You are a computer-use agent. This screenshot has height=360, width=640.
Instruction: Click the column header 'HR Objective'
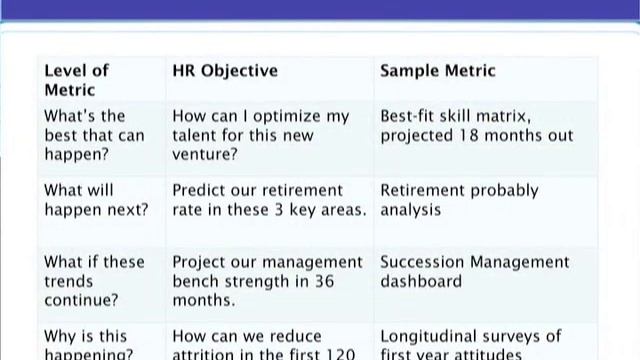pos(225,71)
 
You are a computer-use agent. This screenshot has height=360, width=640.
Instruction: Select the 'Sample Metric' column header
pos(437,71)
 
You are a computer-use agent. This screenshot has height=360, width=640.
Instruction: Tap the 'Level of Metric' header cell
pos(76,80)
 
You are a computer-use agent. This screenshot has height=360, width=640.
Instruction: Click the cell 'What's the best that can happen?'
pos(93,135)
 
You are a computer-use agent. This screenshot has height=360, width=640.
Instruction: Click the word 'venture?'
pos(206,154)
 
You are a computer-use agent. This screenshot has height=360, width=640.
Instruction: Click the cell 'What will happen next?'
pos(95,200)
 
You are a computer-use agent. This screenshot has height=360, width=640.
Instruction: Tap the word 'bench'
pos(198,281)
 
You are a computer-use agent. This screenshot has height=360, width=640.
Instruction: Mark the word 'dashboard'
pos(421,281)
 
